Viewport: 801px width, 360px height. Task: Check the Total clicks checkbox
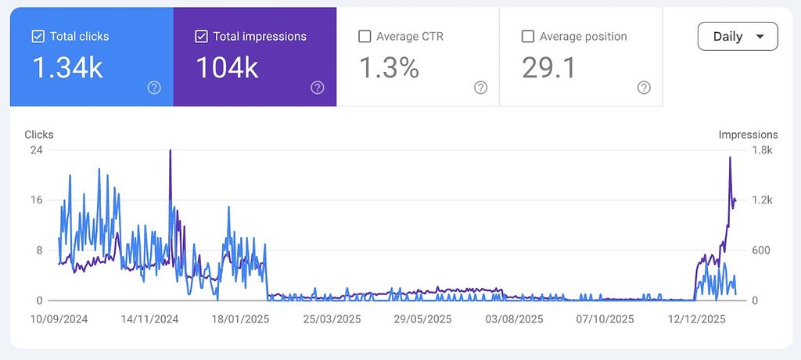point(38,36)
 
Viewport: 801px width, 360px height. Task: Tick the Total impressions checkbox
point(201,36)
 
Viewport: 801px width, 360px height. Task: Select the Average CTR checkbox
point(364,36)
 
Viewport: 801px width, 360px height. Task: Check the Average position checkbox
point(527,36)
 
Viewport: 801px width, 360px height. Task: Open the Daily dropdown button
point(738,36)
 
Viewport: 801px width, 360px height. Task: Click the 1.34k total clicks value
point(67,68)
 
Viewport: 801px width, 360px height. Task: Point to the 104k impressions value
point(227,68)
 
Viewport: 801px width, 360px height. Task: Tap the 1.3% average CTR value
point(389,68)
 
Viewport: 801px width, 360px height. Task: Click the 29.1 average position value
point(549,68)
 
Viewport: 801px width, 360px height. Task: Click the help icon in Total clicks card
point(154,88)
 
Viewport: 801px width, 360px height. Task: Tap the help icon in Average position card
point(644,88)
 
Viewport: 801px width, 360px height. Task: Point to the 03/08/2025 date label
point(513,319)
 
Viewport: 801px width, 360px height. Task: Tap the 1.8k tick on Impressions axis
point(763,150)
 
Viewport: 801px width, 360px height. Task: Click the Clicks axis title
point(39,135)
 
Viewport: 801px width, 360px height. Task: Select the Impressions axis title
point(748,135)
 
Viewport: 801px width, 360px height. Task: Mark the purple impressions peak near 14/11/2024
point(170,151)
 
